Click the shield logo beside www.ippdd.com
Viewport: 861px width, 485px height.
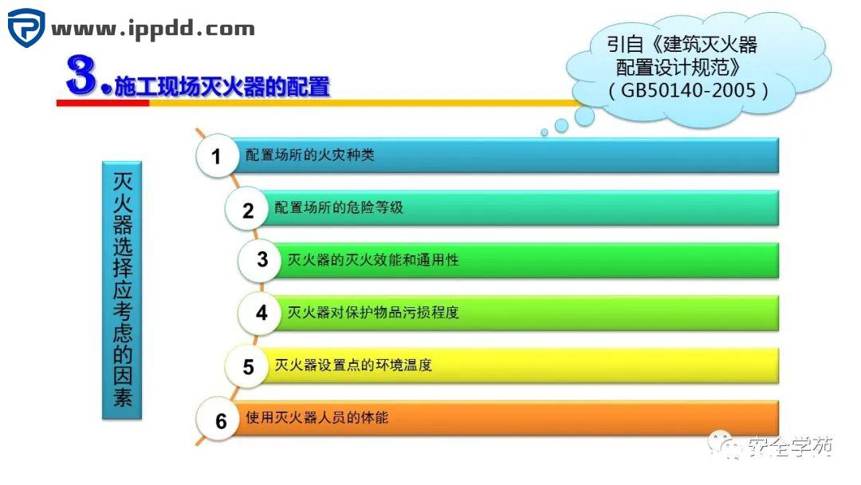(26, 29)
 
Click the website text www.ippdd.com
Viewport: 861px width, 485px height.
(153, 30)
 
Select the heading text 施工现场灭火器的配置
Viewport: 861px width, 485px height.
(222, 86)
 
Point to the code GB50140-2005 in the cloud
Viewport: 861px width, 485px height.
(688, 90)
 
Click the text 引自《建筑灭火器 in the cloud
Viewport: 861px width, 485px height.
(682, 45)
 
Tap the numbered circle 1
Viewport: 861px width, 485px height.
(216, 156)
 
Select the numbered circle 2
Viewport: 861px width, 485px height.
(248, 210)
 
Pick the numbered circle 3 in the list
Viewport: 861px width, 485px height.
(262, 259)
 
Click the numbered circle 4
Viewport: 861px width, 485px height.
(261, 313)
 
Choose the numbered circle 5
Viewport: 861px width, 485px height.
(249, 366)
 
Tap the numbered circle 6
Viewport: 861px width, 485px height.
(221, 420)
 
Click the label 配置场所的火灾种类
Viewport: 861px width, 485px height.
(310, 156)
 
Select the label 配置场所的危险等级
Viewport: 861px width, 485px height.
(339, 208)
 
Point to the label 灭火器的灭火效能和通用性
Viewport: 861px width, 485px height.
(373, 260)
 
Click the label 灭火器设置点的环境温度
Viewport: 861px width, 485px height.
(352, 365)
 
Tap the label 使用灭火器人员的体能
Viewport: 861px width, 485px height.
(317, 417)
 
